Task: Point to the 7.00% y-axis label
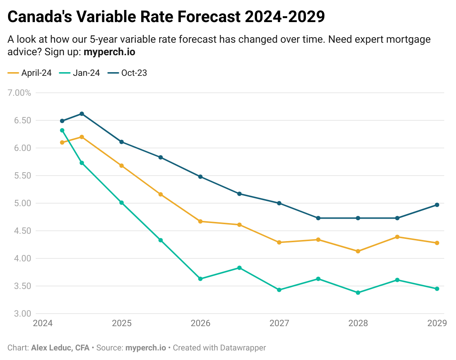(19, 93)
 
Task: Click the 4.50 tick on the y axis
(22, 231)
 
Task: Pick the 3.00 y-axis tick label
(22, 314)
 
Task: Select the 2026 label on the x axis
(200, 323)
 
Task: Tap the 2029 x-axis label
(437, 323)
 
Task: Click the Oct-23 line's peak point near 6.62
(82, 114)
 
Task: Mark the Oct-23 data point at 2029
(437, 205)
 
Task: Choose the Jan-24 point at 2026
(200, 279)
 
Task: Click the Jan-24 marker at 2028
(358, 293)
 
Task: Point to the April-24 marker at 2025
(121, 166)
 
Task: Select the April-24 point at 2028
(358, 251)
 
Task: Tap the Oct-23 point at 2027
(279, 203)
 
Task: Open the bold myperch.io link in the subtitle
(109, 52)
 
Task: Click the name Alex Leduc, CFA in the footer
(60, 347)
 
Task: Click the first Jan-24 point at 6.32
(62, 130)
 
